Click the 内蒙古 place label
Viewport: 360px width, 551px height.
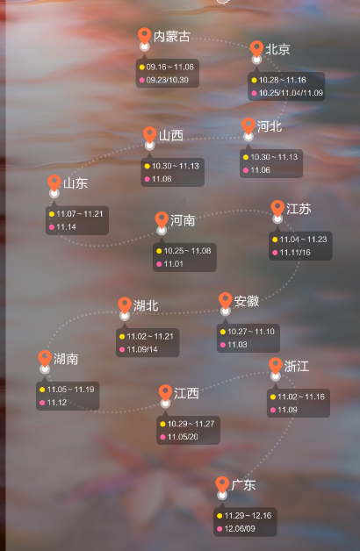(x=171, y=37)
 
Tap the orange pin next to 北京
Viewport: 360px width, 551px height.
(x=256, y=48)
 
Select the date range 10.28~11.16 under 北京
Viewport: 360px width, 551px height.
(x=283, y=80)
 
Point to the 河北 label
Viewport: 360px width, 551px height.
(x=270, y=126)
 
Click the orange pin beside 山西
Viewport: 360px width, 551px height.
(x=150, y=134)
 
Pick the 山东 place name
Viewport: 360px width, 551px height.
(x=76, y=183)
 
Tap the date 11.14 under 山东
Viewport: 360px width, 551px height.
(x=66, y=227)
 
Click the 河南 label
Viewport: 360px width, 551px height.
(x=183, y=220)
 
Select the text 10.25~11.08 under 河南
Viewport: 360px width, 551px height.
(x=187, y=251)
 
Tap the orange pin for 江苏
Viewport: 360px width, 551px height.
(x=277, y=208)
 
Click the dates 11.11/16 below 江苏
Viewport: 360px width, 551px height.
(x=295, y=253)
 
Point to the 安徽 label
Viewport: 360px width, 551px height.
(x=247, y=301)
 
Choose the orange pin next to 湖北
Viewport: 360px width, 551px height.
(x=125, y=304)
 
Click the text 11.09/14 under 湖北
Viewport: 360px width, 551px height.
(x=142, y=349)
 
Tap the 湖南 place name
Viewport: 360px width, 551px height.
(x=66, y=359)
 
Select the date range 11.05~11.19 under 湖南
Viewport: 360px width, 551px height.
(x=70, y=390)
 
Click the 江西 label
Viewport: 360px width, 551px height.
(x=186, y=394)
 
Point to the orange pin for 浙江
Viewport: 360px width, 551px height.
(x=276, y=366)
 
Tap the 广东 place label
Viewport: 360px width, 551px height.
(x=243, y=485)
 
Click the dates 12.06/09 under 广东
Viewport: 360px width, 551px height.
(x=240, y=528)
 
